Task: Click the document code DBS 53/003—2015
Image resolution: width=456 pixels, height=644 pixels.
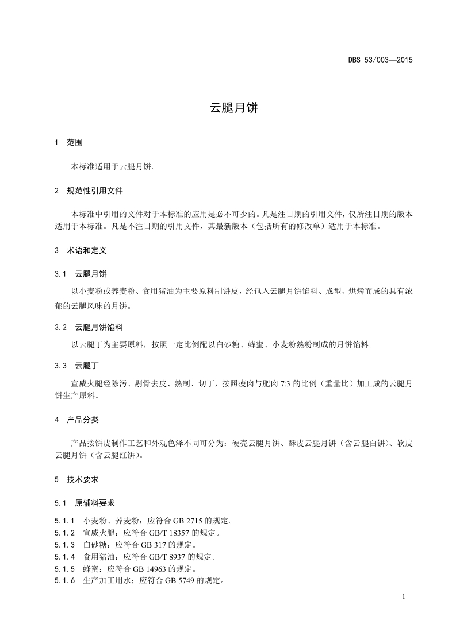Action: tap(381, 59)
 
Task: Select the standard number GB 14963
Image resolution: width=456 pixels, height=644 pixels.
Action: tap(158, 569)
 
